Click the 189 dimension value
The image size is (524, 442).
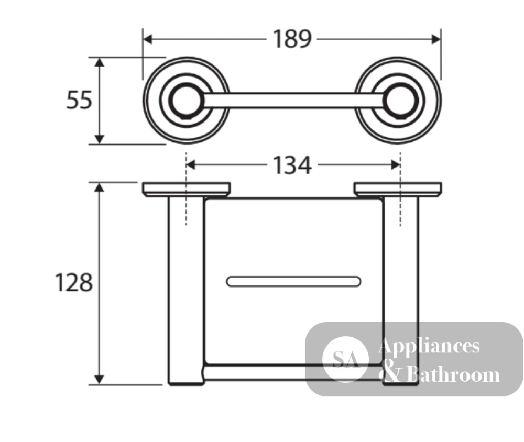(292, 39)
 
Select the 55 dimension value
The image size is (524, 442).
(79, 100)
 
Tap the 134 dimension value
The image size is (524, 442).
(292, 165)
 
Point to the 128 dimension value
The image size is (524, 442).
(74, 283)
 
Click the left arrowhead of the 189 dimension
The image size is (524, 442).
(147, 39)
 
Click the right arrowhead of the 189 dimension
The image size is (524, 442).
(436, 39)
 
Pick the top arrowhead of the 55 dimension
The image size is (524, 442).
(99, 62)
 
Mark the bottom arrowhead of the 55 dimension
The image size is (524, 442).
(99, 139)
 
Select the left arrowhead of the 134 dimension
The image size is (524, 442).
(191, 165)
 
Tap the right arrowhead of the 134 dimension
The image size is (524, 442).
(396, 165)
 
